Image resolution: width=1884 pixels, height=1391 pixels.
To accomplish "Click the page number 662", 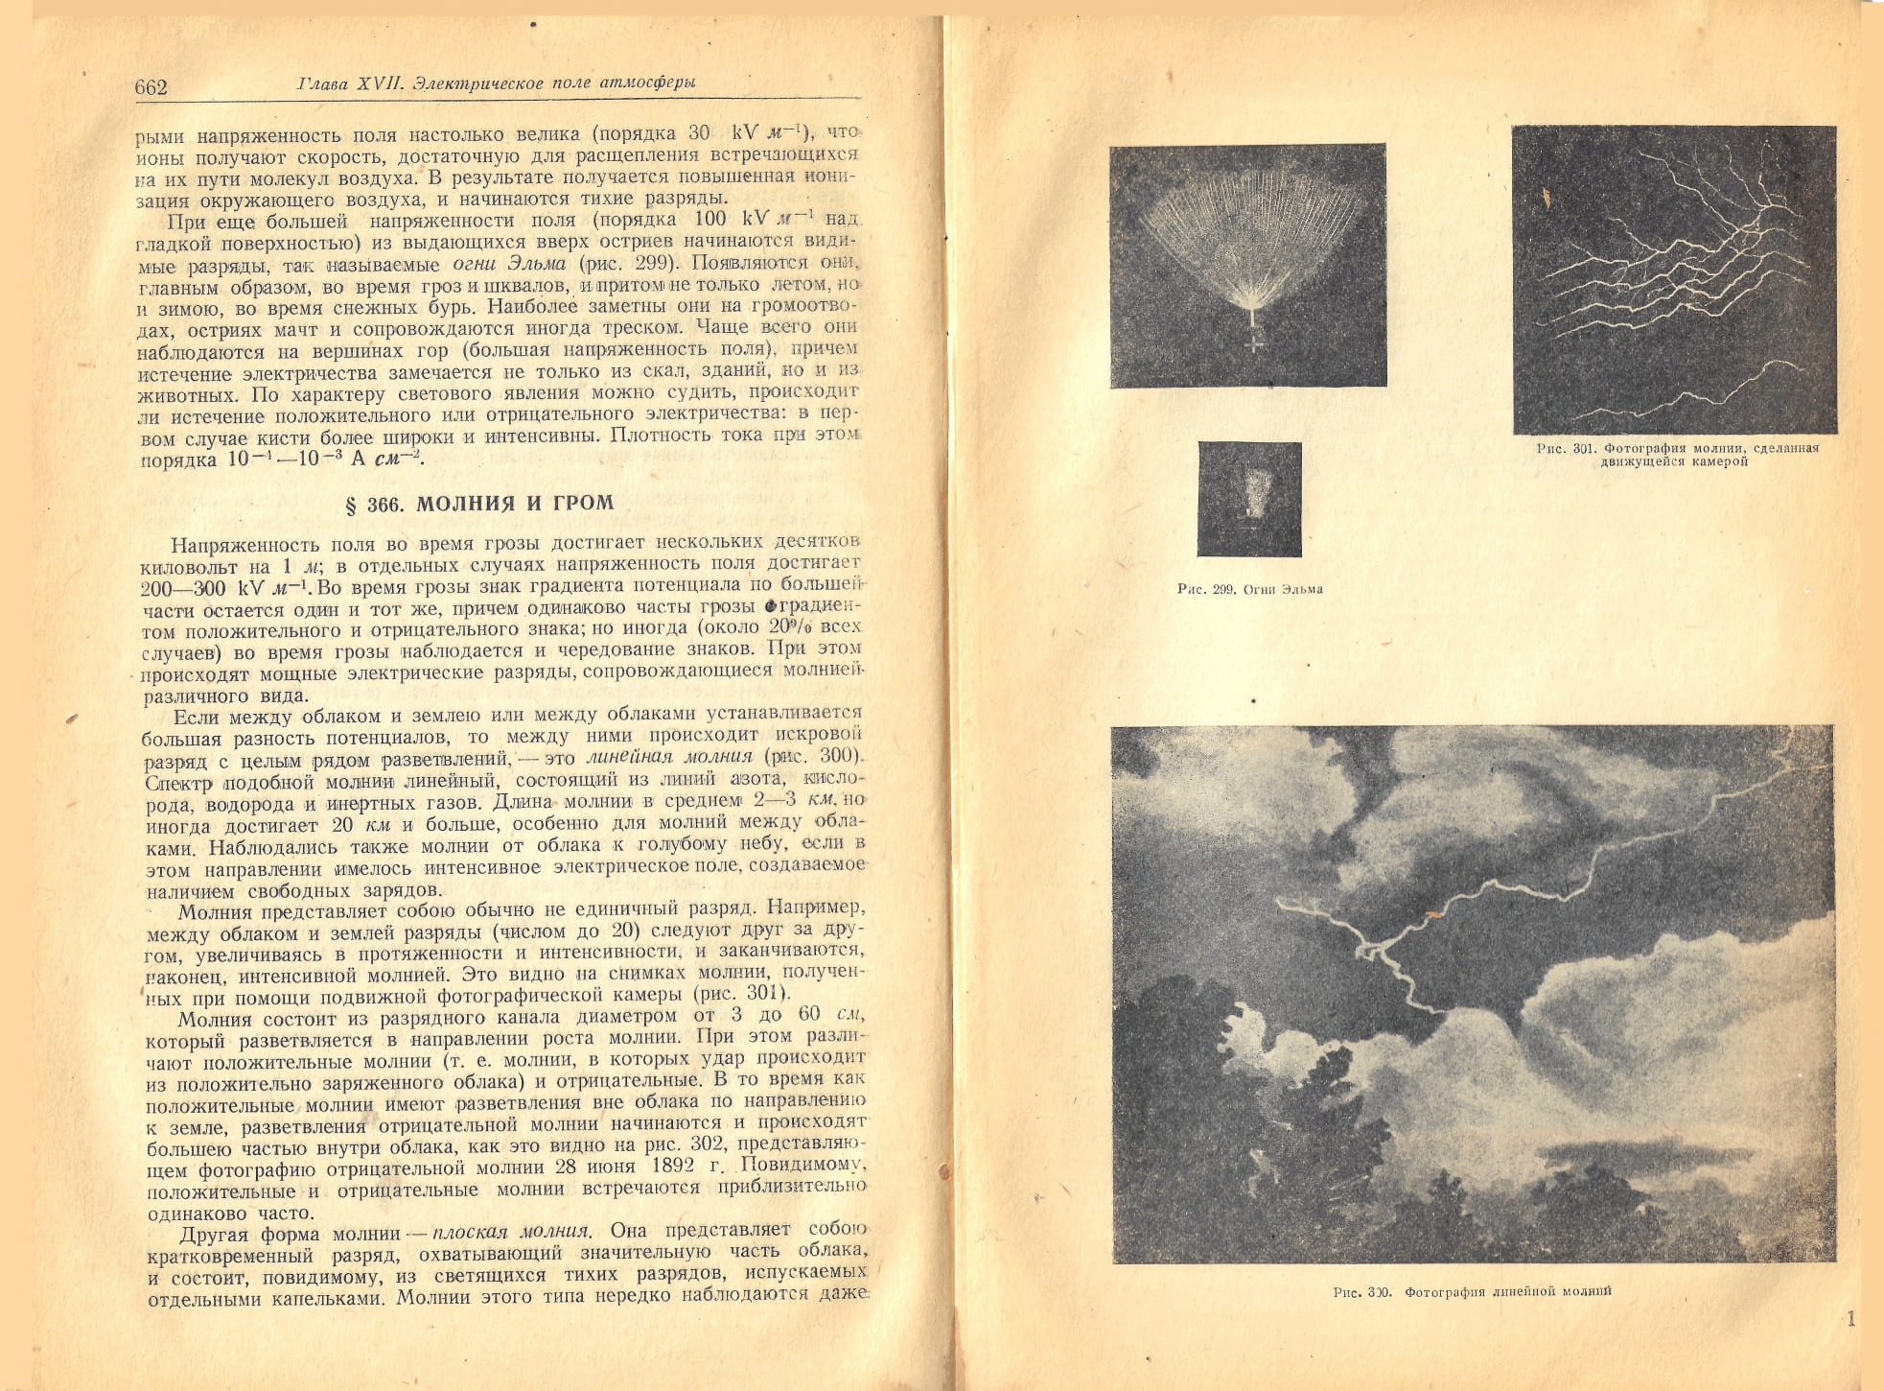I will point(151,88).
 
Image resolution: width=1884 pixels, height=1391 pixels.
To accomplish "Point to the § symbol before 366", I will point(351,506).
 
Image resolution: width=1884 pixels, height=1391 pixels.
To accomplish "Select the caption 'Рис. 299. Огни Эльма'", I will point(1249,589).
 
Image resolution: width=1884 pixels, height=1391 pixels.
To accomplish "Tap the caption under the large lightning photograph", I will point(1472,1292).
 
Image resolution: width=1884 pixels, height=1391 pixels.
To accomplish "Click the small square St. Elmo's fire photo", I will point(1249,499).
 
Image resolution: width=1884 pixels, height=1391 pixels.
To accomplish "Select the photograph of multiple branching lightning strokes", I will point(1674,279).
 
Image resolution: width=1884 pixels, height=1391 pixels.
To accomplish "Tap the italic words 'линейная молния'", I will point(669,757).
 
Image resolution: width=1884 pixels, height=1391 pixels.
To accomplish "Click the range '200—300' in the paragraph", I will point(184,588).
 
